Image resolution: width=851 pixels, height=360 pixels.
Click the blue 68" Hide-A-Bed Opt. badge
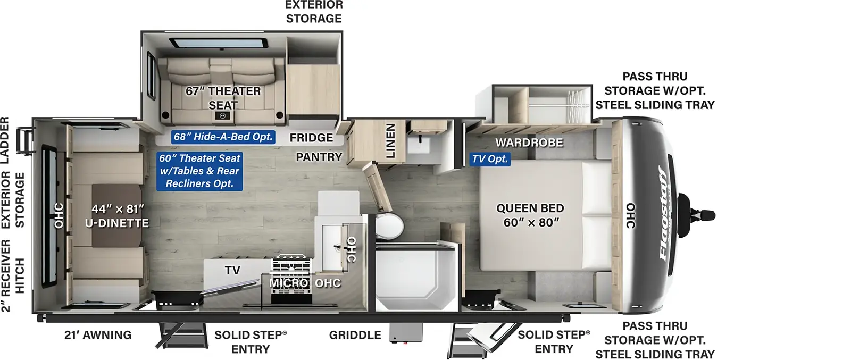pos(223,137)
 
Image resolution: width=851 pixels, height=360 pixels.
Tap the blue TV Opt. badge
pos(490,159)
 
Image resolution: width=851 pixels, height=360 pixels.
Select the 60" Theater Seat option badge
pos(199,171)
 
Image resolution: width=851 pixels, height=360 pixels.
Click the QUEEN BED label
pos(530,208)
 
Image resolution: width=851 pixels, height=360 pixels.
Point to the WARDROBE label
pos(529,143)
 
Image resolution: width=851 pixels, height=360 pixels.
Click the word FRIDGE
pos(311,138)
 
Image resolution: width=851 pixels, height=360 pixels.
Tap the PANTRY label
pos(319,157)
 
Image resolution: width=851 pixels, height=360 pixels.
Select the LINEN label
pos(390,140)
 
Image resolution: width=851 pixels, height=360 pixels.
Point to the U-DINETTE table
pos(117,215)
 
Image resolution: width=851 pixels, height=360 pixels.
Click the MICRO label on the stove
pos(288,283)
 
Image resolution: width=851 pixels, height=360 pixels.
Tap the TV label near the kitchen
pos(232,270)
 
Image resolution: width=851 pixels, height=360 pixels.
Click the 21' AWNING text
pos(98,335)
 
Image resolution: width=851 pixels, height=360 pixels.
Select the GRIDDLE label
pos(355,335)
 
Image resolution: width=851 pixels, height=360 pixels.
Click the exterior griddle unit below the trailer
pos(406,333)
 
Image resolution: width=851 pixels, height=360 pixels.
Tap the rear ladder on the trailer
pos(24,141)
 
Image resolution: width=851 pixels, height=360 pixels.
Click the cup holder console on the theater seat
pos(222,115)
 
